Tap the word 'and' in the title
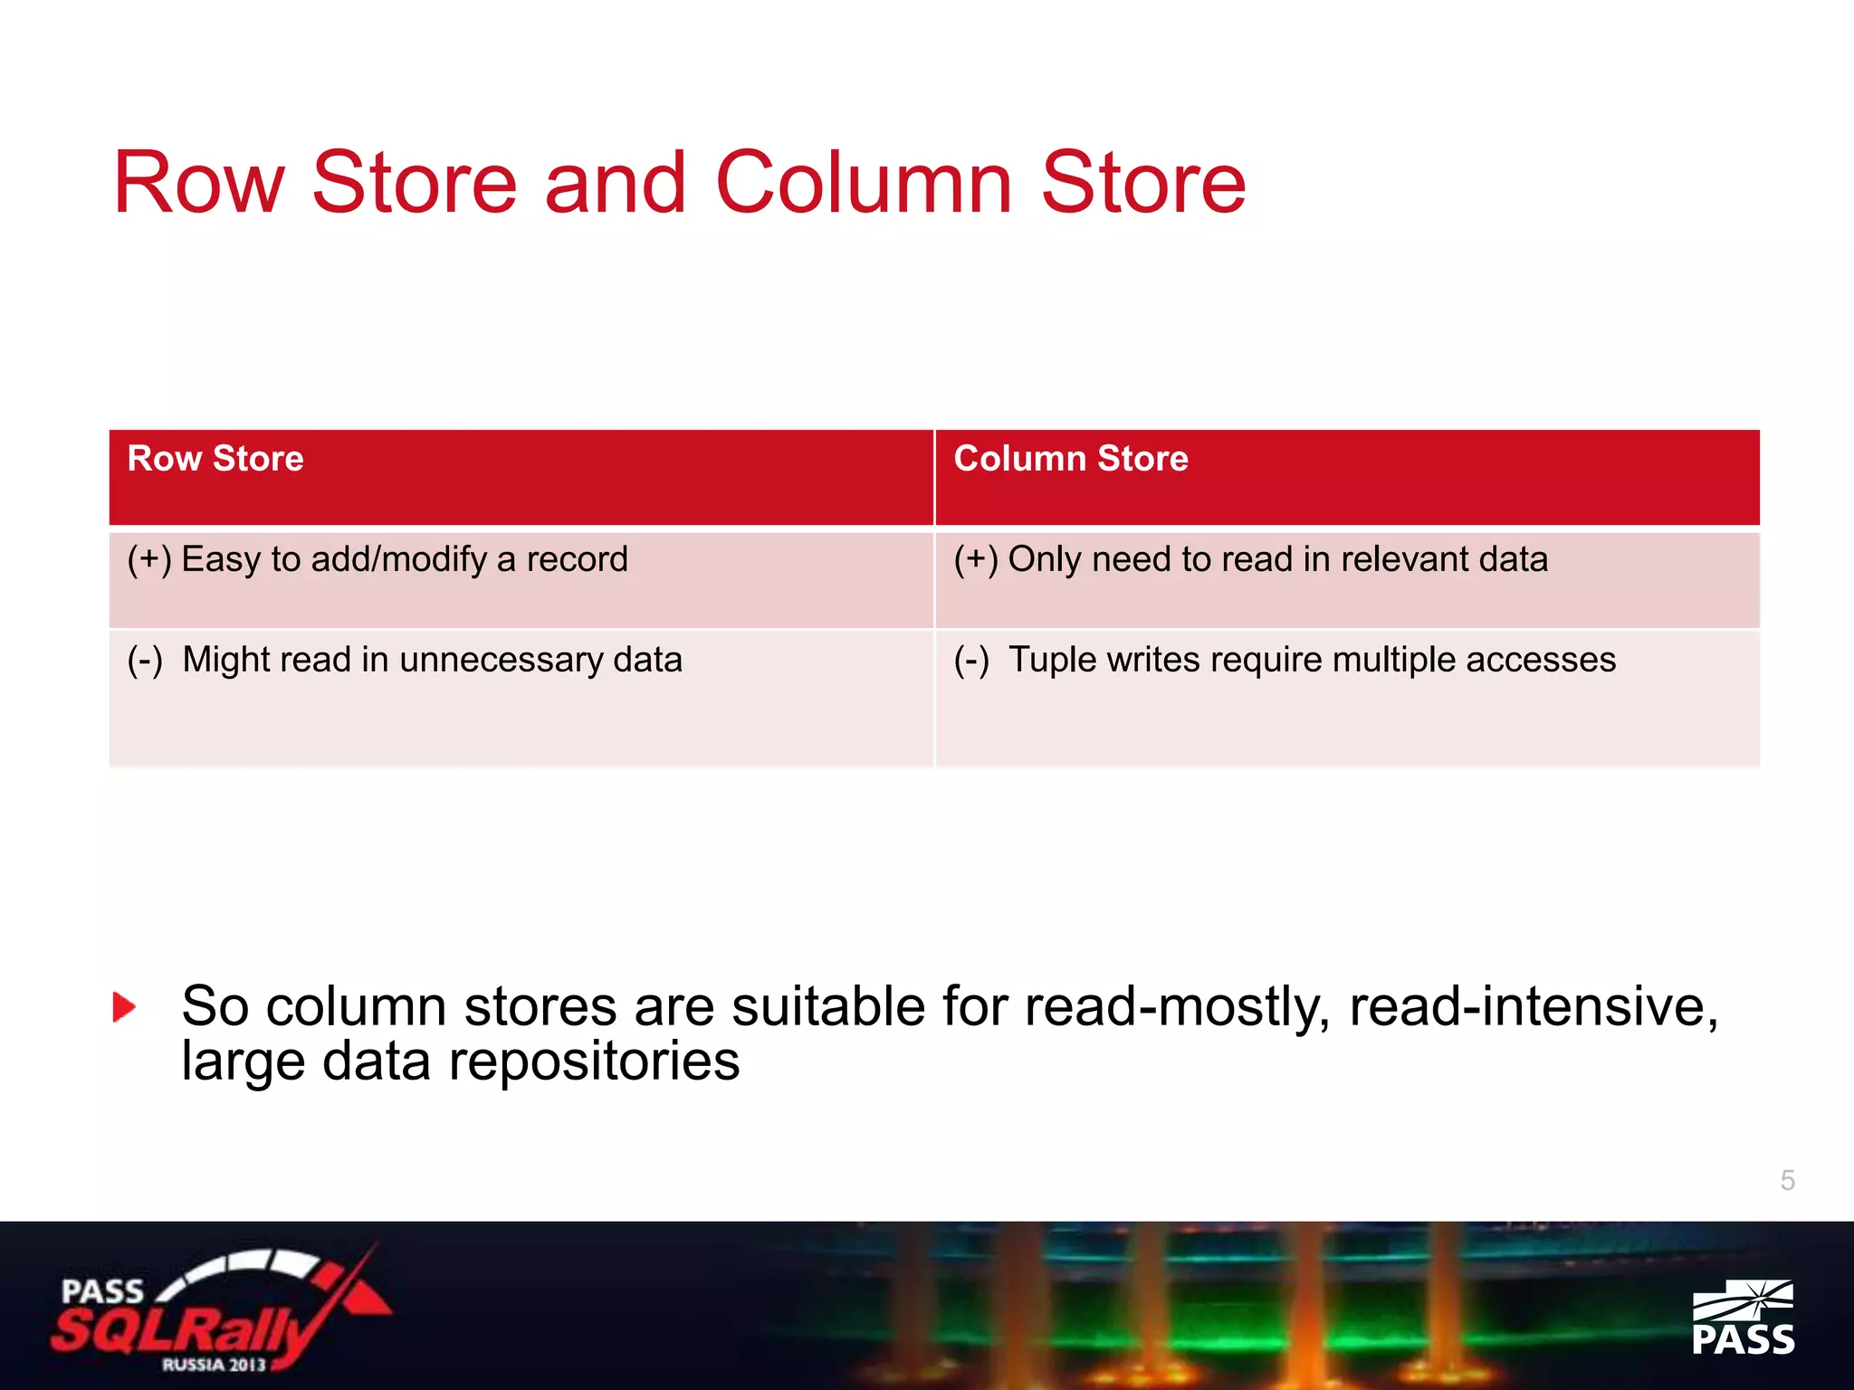click(x=615, y=183)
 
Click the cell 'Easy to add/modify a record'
click(x=404, y=559)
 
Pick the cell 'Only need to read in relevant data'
click(x=1277, y=559)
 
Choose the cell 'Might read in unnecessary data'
click(x=432, y=660)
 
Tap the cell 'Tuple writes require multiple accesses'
click(x=1312, y=660)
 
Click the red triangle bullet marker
click(x=124, y=1007)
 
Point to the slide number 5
click(x=1787, y=1180)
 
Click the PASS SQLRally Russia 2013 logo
click(x=217, y=1310)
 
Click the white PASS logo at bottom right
click(x=1743, y=1319)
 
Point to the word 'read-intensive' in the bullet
click(x=1533, y=1006)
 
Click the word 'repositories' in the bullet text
click(x=594, y=1062)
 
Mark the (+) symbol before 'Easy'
click(x=149, y=559)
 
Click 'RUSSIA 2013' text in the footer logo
click(x=214, y=1364)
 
